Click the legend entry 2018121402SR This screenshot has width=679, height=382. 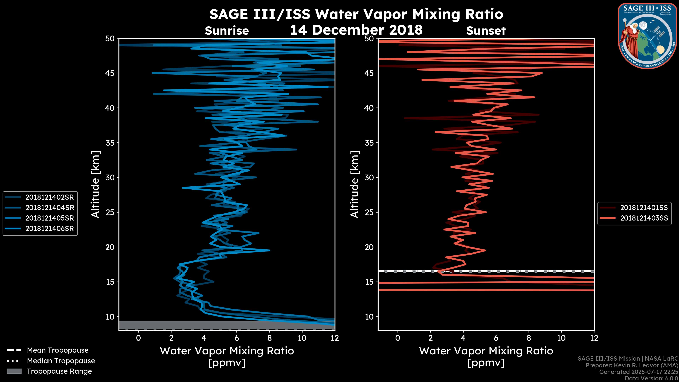point(50,197)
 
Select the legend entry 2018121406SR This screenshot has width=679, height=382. point(50,228)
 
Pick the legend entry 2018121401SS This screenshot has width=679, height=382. point(644,208)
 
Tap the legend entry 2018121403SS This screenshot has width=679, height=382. point(644,218)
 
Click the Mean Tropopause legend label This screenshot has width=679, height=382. point(57,350)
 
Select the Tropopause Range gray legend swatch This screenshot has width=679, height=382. point(14,371)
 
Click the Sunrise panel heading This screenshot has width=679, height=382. point(227,31)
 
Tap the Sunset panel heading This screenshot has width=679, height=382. point(486,31)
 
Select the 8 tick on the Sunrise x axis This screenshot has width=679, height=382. point(269,338)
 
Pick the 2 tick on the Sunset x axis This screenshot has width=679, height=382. point(430,338)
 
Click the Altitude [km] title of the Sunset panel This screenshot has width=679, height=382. point(355,184)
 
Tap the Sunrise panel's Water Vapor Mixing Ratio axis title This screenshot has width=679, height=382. point(227,351)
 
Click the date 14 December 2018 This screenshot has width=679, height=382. point(356,30)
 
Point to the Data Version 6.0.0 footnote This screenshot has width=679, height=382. point(651,378)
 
